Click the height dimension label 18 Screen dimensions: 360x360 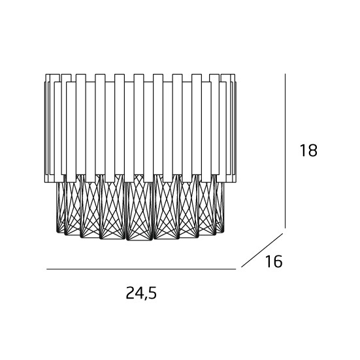(308, 150)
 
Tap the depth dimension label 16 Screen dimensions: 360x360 (274, 261)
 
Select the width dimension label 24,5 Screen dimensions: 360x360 (141, 293)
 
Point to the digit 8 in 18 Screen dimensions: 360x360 (312, 150)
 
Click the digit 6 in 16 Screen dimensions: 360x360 (277, 261)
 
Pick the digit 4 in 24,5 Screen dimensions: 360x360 (140, 293)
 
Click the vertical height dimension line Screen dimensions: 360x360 (285, 151)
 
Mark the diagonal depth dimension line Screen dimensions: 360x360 (262, 250)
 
